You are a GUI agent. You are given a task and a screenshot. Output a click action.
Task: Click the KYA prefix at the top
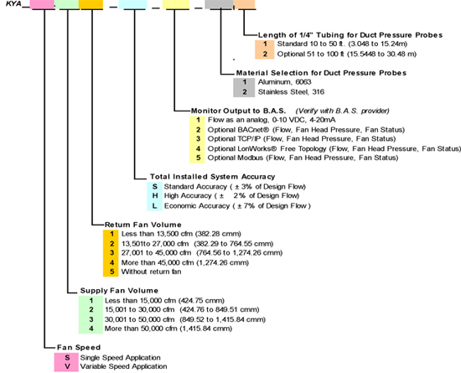tap(13, 4)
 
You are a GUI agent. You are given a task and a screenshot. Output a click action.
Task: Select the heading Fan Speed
tap(79, 347)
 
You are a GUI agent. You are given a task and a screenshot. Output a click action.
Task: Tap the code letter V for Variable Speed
tap(67, 366)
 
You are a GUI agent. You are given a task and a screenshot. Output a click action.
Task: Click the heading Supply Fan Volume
tap(119, 290)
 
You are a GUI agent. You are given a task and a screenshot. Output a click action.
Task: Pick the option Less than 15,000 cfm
tap(164, 300)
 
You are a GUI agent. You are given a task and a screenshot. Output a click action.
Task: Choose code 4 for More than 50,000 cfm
tap(91, 329)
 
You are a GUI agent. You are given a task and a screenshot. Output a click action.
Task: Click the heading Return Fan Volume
tap(142, 225)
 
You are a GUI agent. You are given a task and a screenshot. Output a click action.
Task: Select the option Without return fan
tap(151, 272)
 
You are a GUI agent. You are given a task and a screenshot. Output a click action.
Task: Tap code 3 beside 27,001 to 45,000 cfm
tap(111, 252)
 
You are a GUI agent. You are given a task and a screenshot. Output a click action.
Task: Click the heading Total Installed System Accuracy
tap(213, 176)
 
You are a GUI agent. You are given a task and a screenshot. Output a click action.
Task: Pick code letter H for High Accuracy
tap(155, 196)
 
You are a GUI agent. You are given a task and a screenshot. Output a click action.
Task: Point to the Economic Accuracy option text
tap(237, 205)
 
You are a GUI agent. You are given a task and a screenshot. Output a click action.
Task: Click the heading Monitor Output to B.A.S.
tap(238, 111)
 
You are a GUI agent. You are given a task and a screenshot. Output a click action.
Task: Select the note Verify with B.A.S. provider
tap(342, 111)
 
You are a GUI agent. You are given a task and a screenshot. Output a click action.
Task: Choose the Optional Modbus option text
tap(303, 158)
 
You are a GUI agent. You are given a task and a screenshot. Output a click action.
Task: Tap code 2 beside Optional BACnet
tap(198, 130)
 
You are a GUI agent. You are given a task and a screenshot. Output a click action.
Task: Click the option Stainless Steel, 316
tap(291, 92)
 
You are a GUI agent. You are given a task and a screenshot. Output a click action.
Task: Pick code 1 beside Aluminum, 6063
tap(244, 82)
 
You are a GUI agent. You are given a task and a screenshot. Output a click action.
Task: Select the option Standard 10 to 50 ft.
tap(342, 44)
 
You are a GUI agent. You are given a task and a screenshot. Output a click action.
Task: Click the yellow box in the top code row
tap(176, 4)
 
